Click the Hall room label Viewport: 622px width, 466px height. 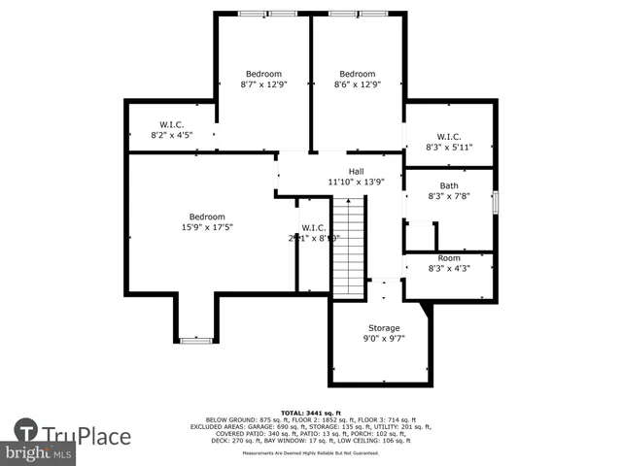(356, 171)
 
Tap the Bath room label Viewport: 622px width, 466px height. (449, 185)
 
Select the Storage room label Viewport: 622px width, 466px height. (383, 328)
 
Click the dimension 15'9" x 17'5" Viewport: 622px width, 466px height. (207, 227)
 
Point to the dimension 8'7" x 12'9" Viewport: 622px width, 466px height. (263, 84)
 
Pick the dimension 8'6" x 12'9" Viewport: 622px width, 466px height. (357, 84)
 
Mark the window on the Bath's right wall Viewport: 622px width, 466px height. (495, 203)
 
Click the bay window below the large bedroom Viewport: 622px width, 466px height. (195, 340)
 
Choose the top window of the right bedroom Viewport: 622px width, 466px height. (356, 13)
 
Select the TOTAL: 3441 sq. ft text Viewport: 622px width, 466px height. (310, 413)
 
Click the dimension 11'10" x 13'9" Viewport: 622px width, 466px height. (356, 182)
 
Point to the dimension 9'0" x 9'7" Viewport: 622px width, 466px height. (383, 339)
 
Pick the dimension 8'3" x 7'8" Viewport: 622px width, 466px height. (449, 196)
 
